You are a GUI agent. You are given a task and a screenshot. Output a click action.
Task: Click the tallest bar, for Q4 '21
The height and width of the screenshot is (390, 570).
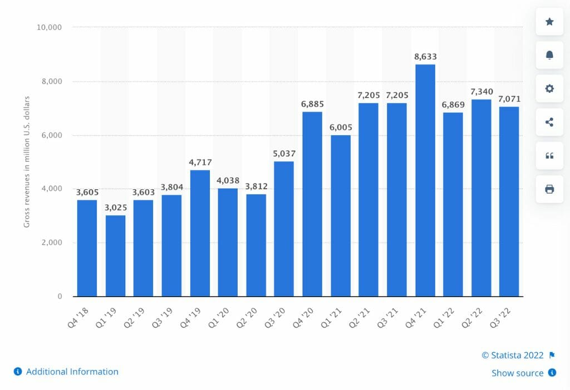point(425,180)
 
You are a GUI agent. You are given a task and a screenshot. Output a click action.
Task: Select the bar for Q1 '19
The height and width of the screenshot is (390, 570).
point(115,256)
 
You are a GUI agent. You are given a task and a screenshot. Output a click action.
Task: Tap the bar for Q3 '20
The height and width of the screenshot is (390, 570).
point(284,229)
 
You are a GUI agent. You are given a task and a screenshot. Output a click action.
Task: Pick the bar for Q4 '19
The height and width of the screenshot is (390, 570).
point(200,233)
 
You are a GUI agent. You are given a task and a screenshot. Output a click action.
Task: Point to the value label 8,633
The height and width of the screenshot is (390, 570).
point(425,56)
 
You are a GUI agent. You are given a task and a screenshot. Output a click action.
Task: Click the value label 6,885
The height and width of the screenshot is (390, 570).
point(312,104)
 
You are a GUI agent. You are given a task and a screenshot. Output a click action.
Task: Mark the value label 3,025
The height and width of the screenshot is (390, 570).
point(115,208)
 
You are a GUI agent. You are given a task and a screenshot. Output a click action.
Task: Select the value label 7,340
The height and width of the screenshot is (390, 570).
point(481,91)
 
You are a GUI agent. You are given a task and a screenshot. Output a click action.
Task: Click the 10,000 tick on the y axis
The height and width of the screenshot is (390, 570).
point(50,27)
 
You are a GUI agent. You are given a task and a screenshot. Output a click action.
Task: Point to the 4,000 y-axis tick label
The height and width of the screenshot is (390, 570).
point(52,189)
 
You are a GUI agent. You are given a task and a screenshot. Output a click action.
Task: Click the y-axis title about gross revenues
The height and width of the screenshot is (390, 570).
point(27,162)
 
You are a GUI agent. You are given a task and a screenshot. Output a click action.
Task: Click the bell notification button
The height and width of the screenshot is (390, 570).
point(549,55)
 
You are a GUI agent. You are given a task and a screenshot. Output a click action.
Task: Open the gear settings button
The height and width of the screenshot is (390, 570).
point(549,88)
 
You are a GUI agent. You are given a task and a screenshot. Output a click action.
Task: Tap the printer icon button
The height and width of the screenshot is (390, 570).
point(549,189)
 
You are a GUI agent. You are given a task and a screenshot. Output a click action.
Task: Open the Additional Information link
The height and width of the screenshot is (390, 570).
point(72,372)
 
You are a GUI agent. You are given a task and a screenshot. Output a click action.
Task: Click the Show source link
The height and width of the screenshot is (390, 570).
point(517,373)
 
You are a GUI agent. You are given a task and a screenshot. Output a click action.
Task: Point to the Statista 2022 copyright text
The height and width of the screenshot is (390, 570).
point(512,356)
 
